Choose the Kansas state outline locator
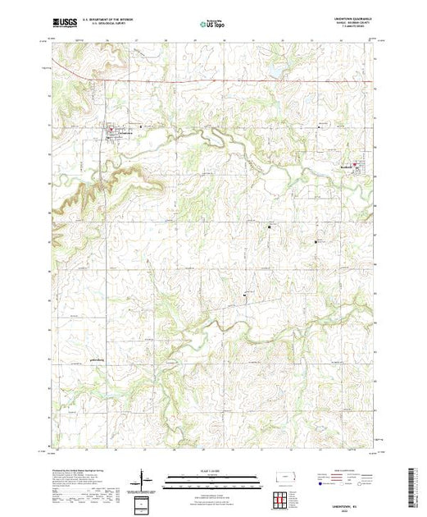pyautogui.click(x=287, y=476)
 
